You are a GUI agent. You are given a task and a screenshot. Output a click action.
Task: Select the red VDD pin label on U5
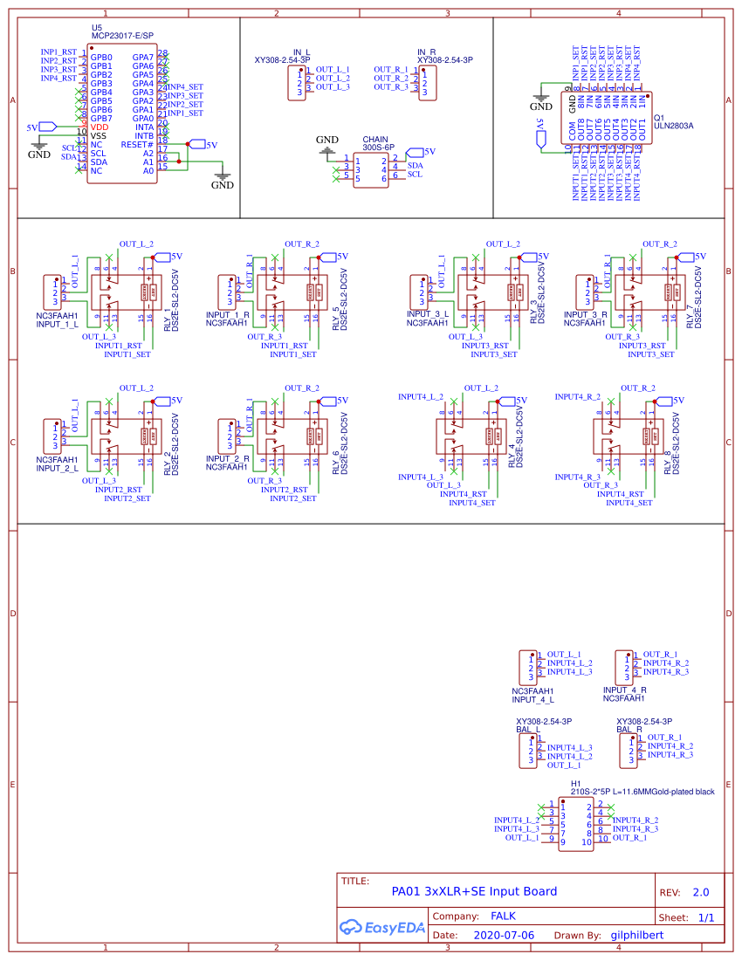(100, 127)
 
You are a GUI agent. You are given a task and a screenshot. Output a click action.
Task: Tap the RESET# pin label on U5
(137, 144)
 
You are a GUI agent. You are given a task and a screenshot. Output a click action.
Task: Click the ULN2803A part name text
(673, 126)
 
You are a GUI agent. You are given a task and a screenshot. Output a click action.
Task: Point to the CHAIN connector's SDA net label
(416, 165)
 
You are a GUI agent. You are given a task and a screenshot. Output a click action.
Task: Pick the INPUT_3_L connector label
(428, 313)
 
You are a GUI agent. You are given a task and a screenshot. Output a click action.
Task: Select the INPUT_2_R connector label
(228, 458)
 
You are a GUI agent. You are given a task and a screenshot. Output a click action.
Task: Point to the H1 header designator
(575, 783)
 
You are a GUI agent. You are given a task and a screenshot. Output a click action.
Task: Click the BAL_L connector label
(529, 728)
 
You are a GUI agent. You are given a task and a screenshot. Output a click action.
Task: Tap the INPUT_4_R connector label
(625, 690)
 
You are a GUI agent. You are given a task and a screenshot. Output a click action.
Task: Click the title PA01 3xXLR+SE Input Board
(474, 891)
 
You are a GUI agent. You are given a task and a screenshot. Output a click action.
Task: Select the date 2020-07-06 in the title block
(504, 935)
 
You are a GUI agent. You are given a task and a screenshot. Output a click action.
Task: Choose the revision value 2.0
(701, 893)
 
